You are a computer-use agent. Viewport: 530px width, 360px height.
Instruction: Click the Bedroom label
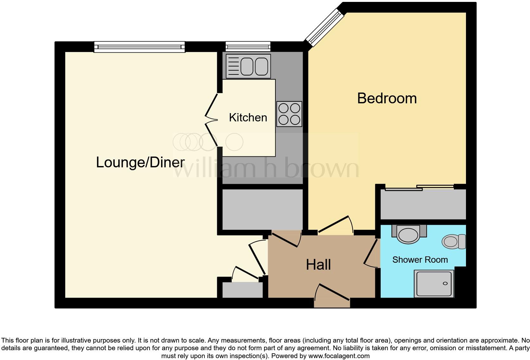coord(387,98)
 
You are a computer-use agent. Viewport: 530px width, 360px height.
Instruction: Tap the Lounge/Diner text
coord(140,163)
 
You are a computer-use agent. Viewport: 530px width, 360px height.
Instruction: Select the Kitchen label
coord(248,118)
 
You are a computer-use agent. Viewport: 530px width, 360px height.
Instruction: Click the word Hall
coord(318,265)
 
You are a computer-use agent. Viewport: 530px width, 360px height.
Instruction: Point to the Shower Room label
coord(420,260)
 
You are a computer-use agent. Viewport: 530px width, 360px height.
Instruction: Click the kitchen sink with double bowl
coord(248,66)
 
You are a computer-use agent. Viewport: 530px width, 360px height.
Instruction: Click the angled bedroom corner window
coord(324,27)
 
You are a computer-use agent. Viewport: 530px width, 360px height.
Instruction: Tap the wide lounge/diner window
coord(139,47)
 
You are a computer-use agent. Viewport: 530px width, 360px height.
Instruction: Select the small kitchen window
coord(248,47)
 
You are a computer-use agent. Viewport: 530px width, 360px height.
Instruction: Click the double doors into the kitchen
coord(211,120)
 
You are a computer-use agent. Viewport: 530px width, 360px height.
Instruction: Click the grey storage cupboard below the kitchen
coord(262,209)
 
